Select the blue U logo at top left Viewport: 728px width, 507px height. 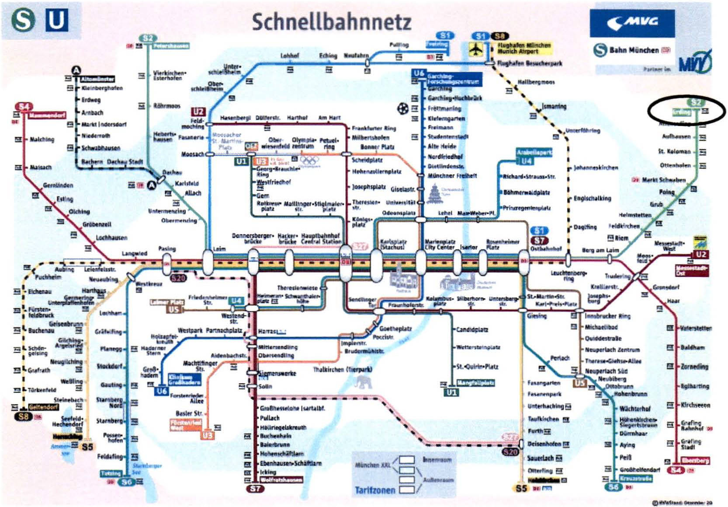(x=56, y=20)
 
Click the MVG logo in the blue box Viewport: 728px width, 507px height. (x=632, y=22)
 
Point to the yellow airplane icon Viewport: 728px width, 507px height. (x=476, y=49)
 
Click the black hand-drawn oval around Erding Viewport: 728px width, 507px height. (x=686, y=110)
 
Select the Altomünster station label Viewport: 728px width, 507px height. (x=97, y=79)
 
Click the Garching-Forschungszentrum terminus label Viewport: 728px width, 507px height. (x=453, y=79)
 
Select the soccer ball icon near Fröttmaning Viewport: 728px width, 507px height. (x=403, y=108)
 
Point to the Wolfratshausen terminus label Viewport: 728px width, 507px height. (x=281, y=480)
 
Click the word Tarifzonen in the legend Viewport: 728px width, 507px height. (x=375, y=490)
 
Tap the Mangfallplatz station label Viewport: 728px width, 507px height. (x=475, y=383)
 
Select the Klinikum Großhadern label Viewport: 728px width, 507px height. (x=184, y=379)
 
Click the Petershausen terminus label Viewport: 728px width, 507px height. (x=171, y=45)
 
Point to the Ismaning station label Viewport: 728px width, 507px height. (x=554, y=106)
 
